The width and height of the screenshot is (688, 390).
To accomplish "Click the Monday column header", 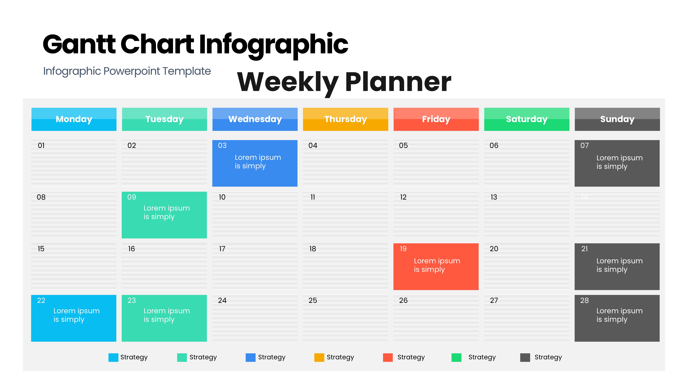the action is pos(74,119).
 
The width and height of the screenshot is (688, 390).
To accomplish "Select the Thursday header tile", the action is pos(346,119).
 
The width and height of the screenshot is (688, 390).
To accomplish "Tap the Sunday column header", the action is pos(617,119).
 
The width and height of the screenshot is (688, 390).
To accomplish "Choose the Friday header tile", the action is pos(436,119).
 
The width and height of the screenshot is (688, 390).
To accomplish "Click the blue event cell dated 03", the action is pos(255,163).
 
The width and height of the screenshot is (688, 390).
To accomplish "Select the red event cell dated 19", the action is pos(436,267).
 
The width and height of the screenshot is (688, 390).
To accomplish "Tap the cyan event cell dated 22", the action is pos(74,318).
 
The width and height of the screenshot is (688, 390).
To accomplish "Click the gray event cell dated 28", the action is pos(617,318).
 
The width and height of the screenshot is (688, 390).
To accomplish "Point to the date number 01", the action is pos(41,145).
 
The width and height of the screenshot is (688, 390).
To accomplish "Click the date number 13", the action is pos(494,197).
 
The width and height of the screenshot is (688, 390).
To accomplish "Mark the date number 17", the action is pos(222,249).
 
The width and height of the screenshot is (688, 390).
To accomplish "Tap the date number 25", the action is pos(313,300).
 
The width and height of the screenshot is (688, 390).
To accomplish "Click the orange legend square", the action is pos(319,357).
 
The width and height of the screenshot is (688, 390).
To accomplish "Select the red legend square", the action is pos(388,357).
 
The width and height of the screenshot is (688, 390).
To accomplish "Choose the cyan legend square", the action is pos(113,357).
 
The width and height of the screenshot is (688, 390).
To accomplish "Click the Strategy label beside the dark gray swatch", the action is pos(548,357).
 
